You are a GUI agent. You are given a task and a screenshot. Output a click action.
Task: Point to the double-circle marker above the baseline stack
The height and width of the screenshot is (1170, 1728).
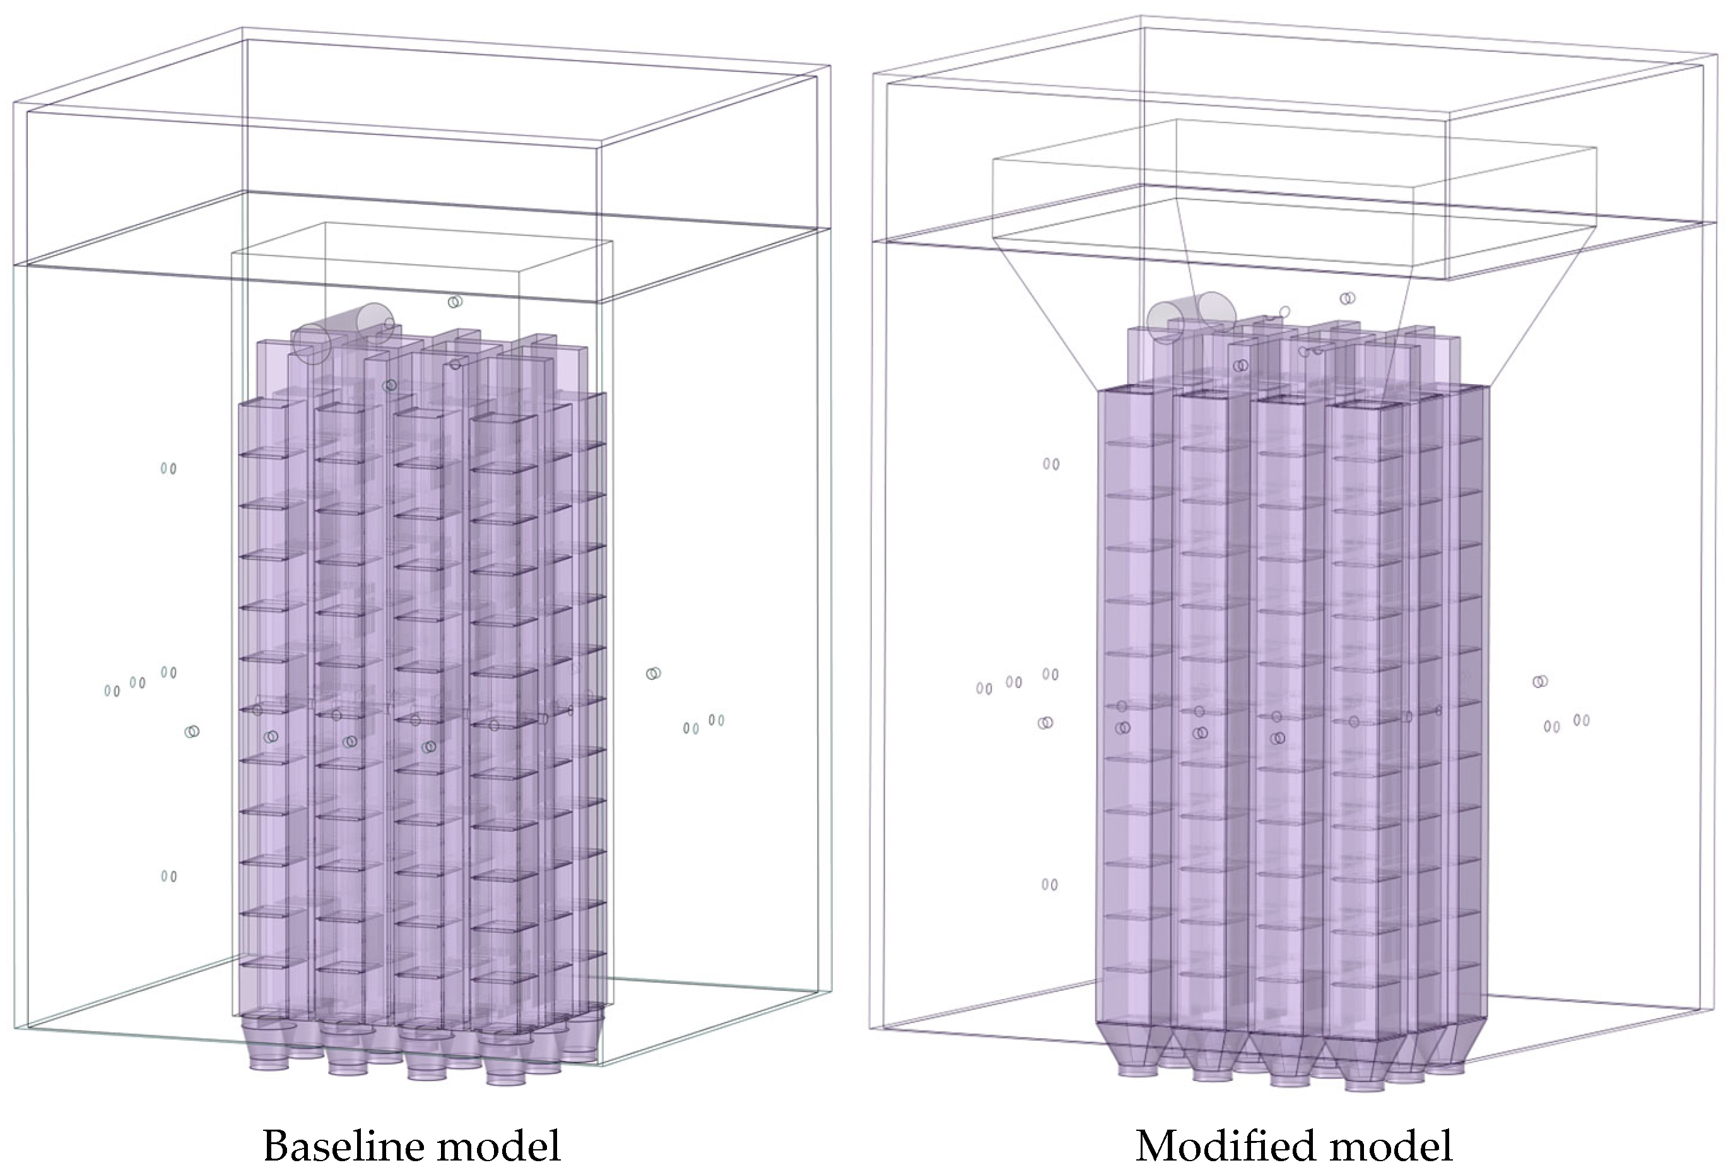(455, 301)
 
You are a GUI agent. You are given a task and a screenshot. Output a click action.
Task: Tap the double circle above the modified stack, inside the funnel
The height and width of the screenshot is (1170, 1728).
(1346, 298)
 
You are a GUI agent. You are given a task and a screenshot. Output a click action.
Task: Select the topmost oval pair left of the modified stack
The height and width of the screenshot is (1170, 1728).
(1050, 464)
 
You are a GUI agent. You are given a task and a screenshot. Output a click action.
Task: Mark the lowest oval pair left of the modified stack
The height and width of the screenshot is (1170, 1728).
(1049, 884)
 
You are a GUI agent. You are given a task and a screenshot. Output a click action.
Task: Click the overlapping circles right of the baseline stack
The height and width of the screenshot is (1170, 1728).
(653, 673)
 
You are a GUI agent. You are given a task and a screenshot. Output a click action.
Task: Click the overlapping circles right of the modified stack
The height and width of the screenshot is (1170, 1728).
(1540, 681)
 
